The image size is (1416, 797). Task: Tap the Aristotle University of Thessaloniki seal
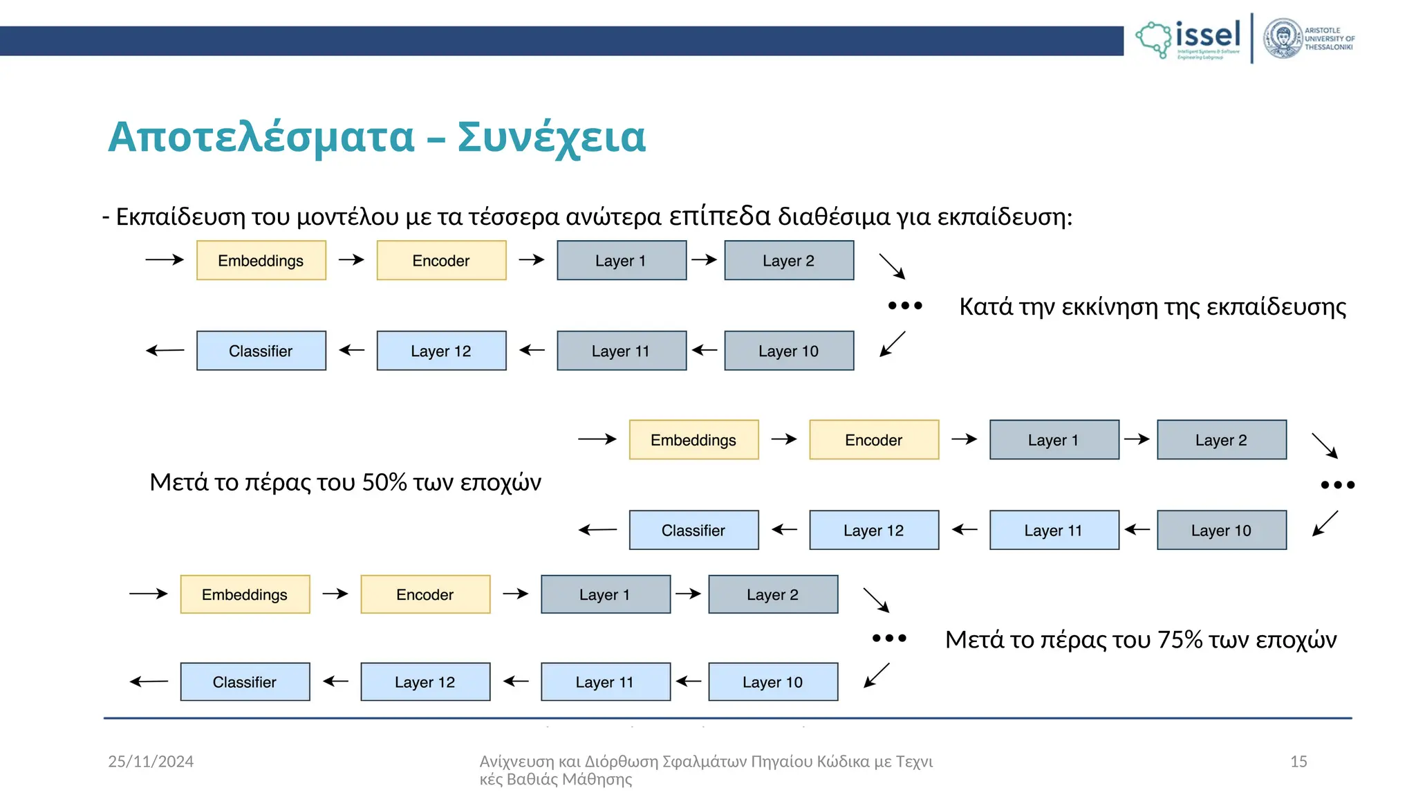tap(1283, 39)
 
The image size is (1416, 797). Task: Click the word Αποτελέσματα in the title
tap(261, 137)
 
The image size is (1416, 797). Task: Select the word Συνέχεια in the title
tap(551, 137)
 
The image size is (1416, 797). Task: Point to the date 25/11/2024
tap(151, 762)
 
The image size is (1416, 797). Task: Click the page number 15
tap(1298, 762)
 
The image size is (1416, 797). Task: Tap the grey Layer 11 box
tap(622, 351)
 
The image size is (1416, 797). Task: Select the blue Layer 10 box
tap(773, 682)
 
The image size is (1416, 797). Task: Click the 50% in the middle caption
tap(384, 482)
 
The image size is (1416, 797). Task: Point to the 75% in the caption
tap(1180, 640)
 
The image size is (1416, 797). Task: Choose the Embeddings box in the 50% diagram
tap(693, 440)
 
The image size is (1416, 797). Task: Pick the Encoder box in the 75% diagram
tap(425, 594)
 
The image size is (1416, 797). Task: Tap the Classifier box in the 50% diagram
tap(693, 531)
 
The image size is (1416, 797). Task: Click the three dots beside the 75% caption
tap(889, 638)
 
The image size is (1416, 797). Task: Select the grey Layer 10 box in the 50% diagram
tap(1222, 531)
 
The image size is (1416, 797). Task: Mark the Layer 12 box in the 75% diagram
tap(425, 682)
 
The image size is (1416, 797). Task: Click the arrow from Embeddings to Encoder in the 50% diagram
tap(784, 439)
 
